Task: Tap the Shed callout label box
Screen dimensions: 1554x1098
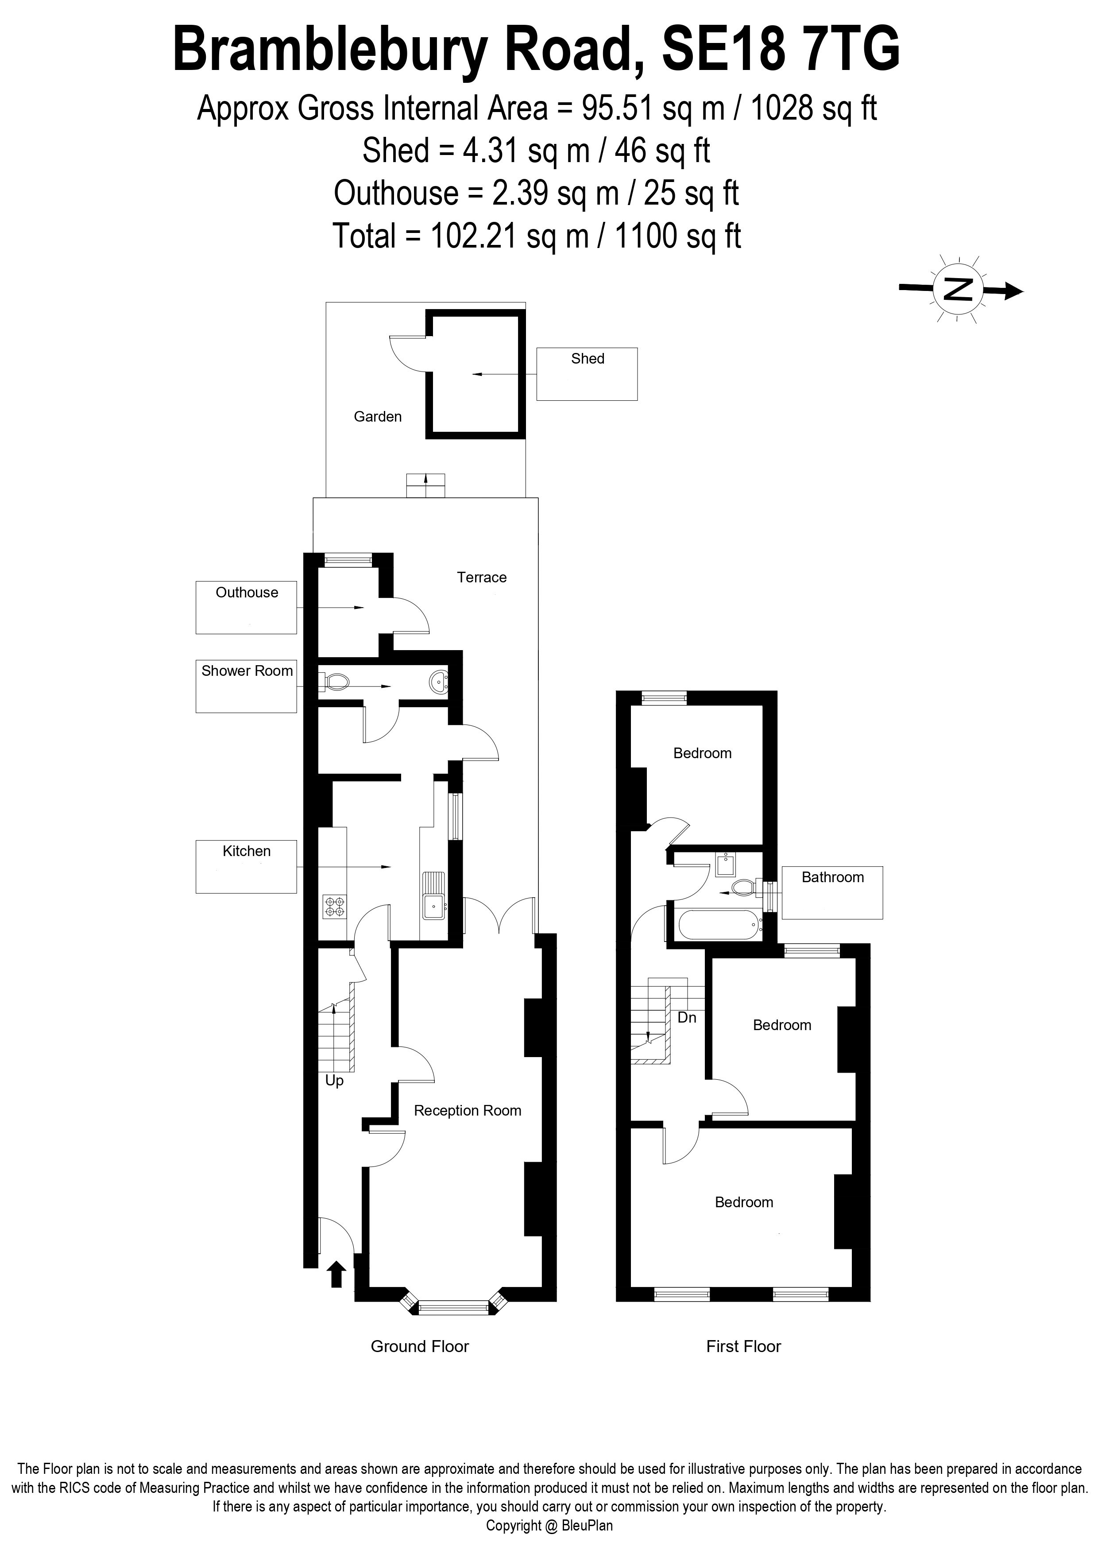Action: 587,374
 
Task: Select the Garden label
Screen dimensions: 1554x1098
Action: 378,417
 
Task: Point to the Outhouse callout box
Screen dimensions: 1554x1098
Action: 246,607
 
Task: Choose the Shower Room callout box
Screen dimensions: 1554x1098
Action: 246,686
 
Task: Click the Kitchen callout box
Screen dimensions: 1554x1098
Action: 246,866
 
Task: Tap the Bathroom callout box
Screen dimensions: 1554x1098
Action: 832,892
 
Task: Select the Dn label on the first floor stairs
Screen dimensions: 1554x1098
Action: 687,1017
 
